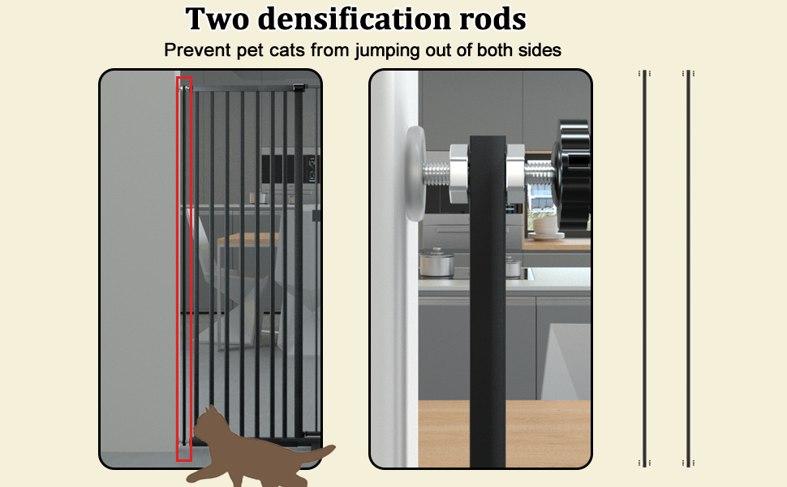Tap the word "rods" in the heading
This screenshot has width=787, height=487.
coord(492,19)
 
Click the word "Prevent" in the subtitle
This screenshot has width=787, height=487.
coord(195,50)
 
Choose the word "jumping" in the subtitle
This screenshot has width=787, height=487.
coord(402,50)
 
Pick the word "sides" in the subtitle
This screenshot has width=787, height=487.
coord(538,50)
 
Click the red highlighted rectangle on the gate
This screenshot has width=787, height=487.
coord(184,268)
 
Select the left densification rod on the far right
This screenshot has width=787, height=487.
coord(644,268)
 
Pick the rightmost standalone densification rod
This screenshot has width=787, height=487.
coord(688,268)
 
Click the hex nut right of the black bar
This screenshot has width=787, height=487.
coord(514,171)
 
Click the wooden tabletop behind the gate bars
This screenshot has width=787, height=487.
coord(243,239)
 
